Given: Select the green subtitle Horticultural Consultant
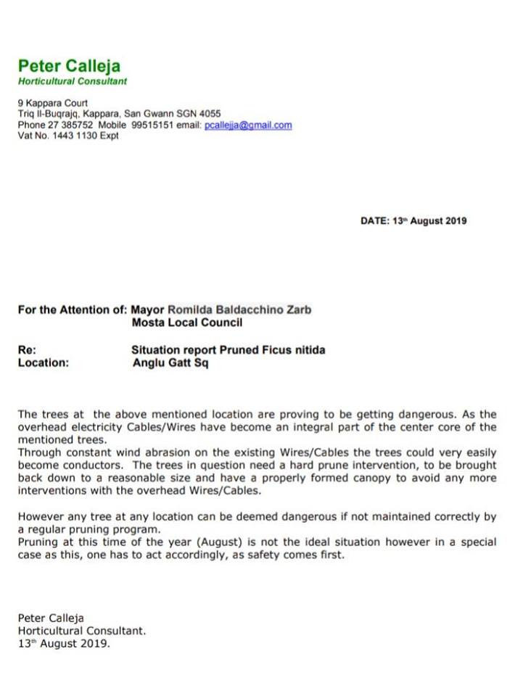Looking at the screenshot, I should (x=72, y=81).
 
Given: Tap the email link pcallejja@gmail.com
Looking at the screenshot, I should (x=248, y=125).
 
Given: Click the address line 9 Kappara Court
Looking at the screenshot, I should (x=52, y=104).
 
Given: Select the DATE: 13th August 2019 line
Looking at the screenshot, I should (x=413, y=221).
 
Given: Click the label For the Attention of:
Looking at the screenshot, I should (x=72, y=310).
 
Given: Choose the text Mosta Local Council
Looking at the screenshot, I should (x=186, y=322).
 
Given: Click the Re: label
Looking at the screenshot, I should (x=26, y=350).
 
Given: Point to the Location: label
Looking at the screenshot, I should (x=43, y=363).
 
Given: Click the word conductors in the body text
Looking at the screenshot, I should (x=94, y=465).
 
